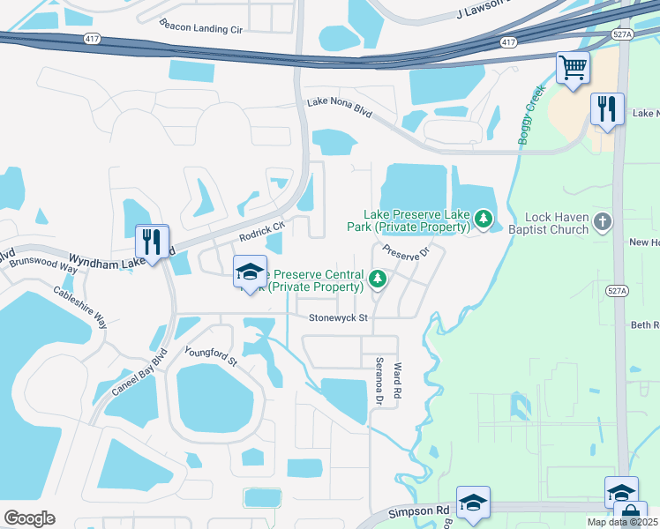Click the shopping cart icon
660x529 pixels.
[573, 68]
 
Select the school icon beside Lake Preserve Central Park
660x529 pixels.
[250, 272]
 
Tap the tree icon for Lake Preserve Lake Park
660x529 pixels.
[483, 217]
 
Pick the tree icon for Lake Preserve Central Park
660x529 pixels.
[378, 279]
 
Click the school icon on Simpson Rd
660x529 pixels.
[473, 502]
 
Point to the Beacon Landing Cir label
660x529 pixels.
[200, 26]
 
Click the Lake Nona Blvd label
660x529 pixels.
[340, 108]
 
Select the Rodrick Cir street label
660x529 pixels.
[262, 232]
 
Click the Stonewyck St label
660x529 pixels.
[336, 317]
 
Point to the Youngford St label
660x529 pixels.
[211, 356]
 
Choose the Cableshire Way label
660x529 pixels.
[79, 306]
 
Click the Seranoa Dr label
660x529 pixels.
[379, 381]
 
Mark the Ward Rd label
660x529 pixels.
[398, 379]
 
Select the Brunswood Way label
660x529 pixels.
[37, 264]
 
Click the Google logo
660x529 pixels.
[28, 518]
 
